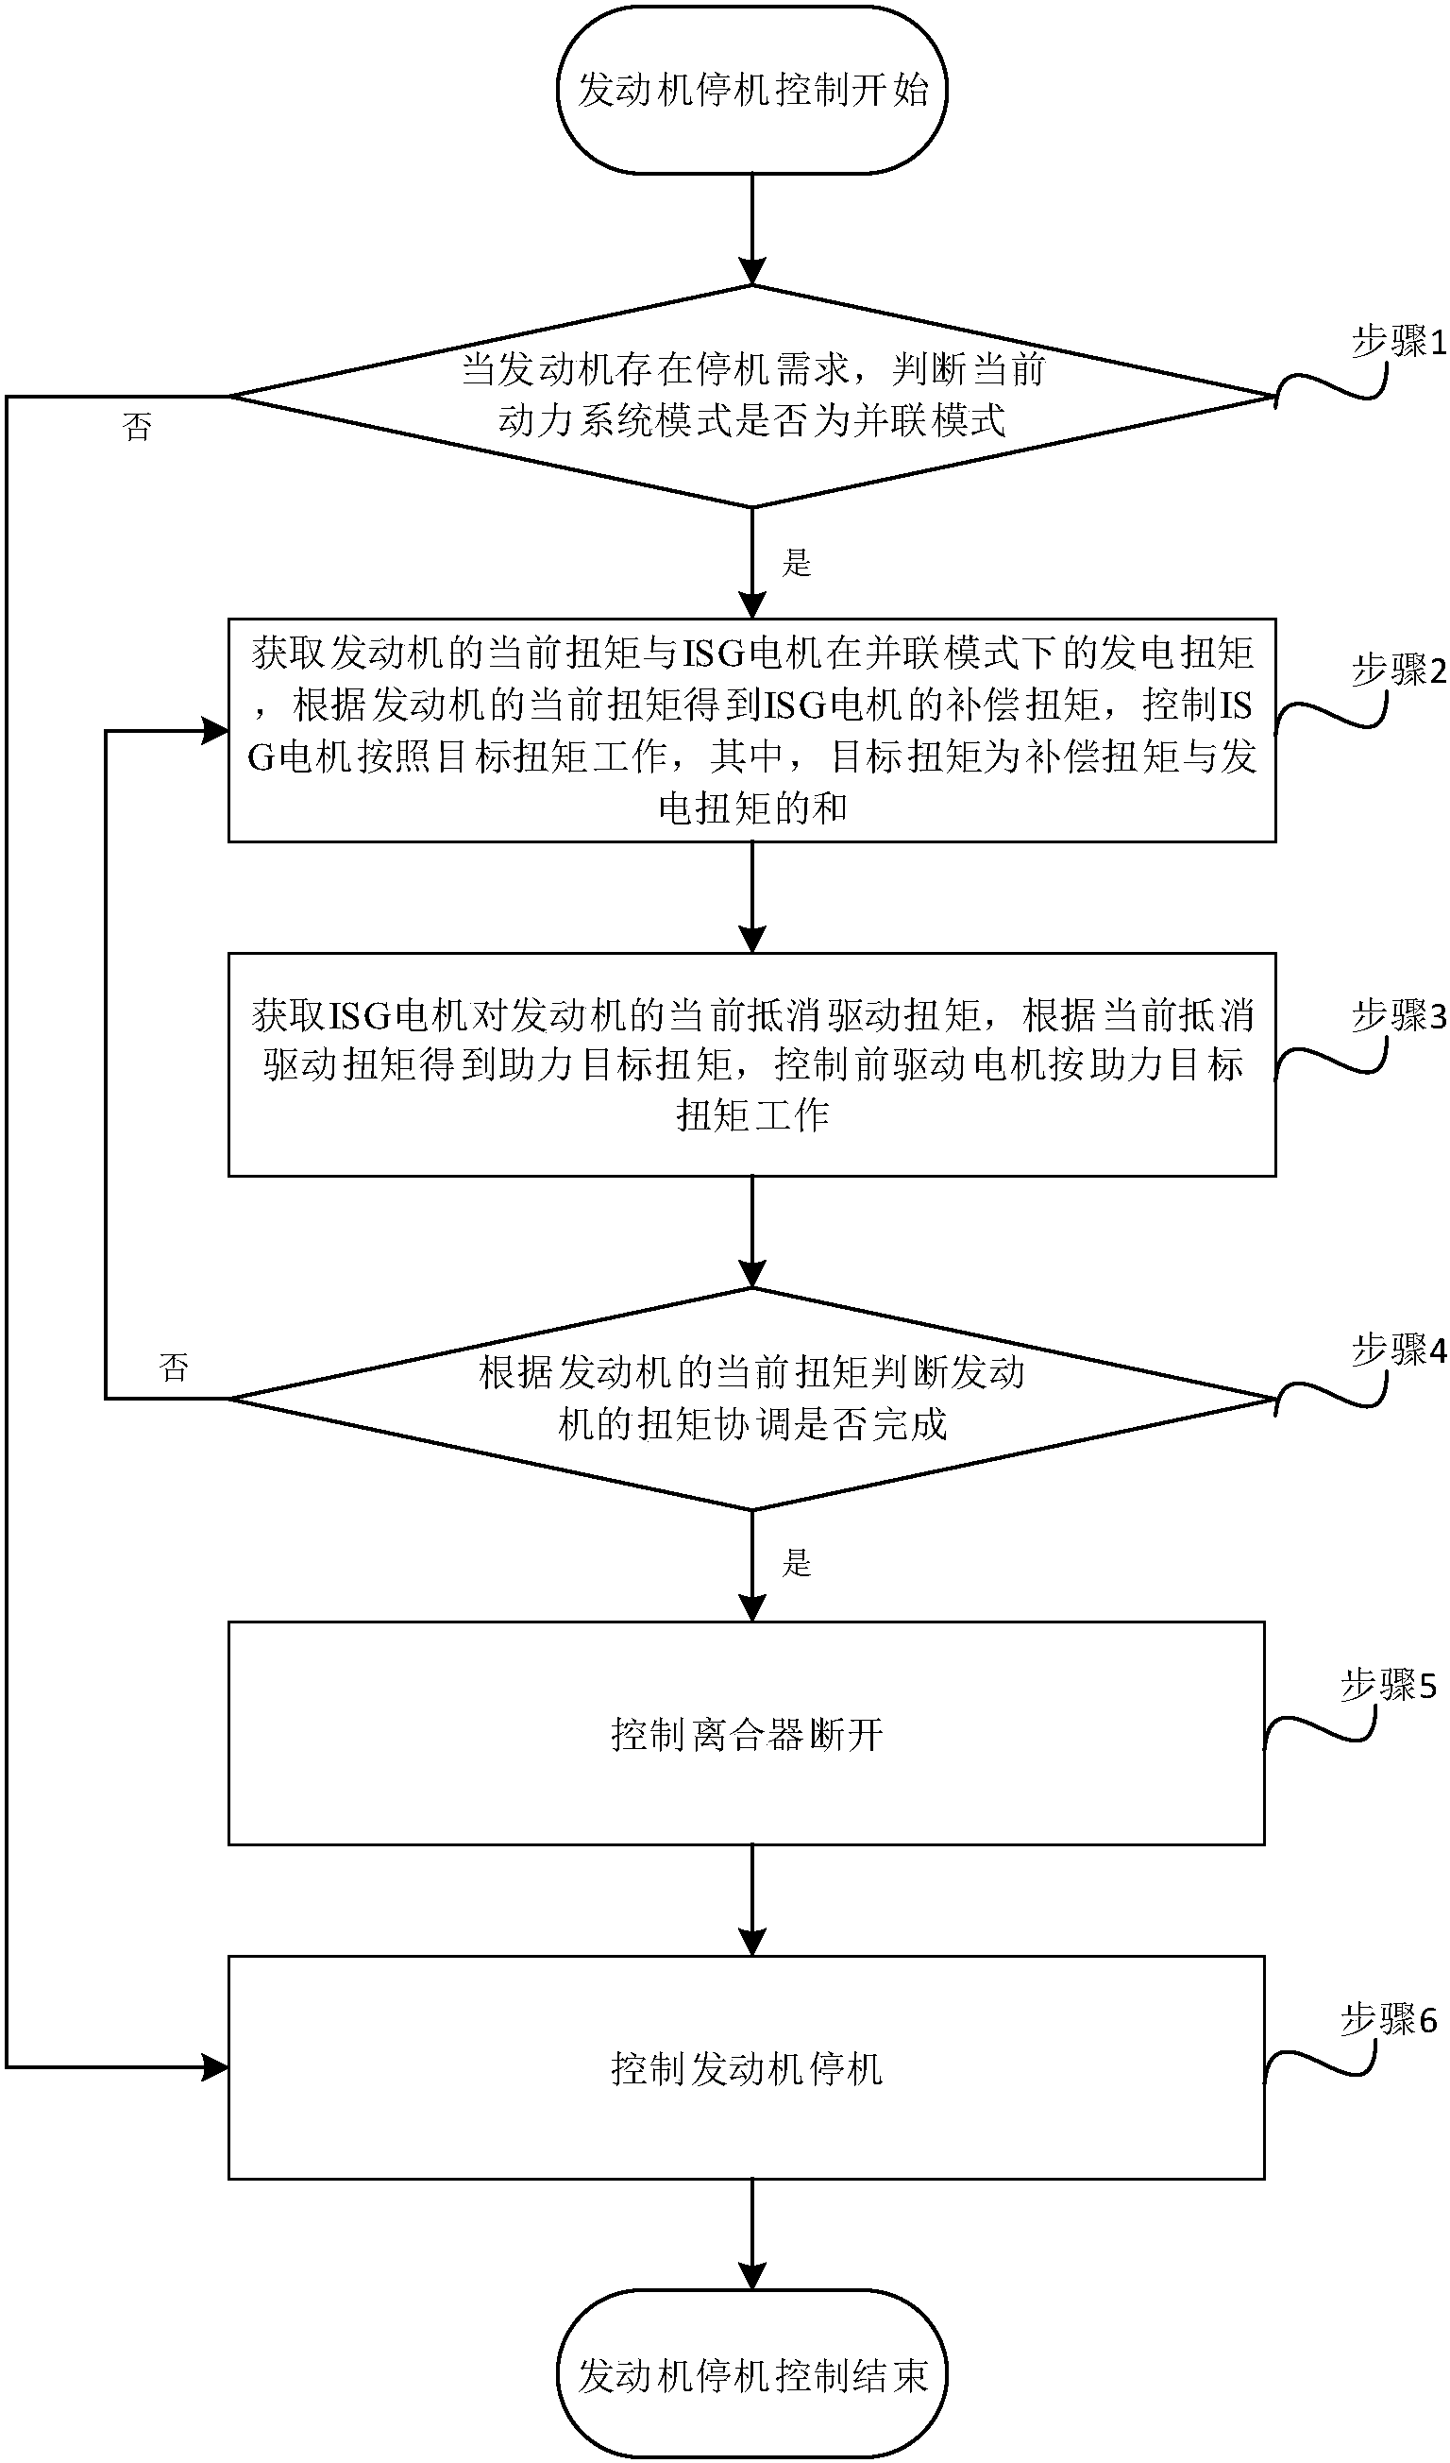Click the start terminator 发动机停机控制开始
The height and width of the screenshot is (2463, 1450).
[751, 90]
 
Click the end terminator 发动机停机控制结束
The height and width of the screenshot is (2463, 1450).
[751, 2375]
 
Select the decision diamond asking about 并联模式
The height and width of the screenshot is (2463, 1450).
[751, 396]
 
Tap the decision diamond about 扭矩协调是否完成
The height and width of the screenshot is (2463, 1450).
[751, 1399]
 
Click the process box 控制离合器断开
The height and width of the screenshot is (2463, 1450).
[747, 1733]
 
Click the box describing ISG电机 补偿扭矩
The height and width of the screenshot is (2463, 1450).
[751, 729]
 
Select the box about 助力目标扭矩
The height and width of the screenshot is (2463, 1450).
[751, 1064]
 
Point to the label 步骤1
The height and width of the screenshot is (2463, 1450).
[1397, 341]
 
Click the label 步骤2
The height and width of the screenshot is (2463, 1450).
[1397, 671]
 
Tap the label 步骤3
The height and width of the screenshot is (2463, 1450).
[1397, 1016]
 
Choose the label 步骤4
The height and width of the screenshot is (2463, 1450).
[1397, 1350]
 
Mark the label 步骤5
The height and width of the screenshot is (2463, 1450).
[1388, 1685]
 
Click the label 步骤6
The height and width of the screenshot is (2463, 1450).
[1388, 2019]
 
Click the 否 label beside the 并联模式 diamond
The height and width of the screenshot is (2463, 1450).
[138, 427]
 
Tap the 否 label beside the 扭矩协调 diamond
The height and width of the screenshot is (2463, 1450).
[174, 1367]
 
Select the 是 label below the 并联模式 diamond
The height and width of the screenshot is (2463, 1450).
[797, 563]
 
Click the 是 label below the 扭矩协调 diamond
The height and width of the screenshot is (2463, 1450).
[797, 1564]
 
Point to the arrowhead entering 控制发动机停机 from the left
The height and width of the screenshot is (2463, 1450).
[215, 2067]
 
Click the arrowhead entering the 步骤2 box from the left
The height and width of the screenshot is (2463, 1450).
[215, 730]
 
